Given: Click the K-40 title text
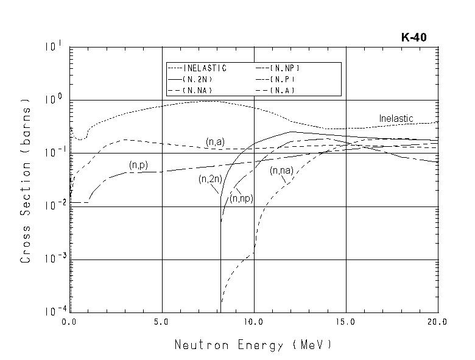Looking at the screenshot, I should pyautogui.click(x=413, y=37).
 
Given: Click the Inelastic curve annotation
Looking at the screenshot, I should pyautogui.click(x=396, y=118).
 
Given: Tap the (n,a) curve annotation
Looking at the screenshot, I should pyautogui.click(x=215, y=142).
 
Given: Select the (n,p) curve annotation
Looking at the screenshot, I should pyautogui.click(x=138, y=164).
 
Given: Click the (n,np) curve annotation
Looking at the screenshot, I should pyautogui.click(x=241, y=199).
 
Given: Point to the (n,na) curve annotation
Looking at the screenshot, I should pyautogui.click(x=281, y=171).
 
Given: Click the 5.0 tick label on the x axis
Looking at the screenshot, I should pyautogui.click(x=162, y=321).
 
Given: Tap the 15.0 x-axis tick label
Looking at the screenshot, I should pyautogui.click(x=346, y=321).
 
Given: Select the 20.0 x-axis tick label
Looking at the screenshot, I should pyautogui.click(x=437, y=321).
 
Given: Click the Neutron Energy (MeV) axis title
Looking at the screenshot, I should pyautogui.click(x=253, y=345).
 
